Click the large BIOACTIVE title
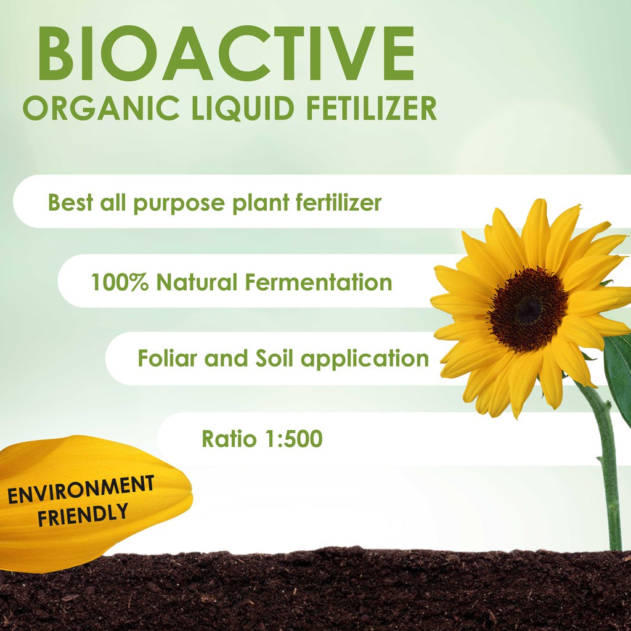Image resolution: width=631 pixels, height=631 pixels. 226,54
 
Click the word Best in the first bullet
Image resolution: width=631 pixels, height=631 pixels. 71,202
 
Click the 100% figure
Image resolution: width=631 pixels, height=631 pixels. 120,282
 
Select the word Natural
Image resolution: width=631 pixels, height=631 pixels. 197,282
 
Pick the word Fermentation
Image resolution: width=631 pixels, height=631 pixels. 319,282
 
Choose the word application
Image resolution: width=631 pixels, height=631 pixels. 365,359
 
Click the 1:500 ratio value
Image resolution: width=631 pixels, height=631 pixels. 294,438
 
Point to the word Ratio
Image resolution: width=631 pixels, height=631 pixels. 229,438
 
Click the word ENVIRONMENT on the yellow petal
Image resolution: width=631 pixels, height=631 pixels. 81,489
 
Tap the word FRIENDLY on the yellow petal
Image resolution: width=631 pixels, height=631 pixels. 83,514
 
